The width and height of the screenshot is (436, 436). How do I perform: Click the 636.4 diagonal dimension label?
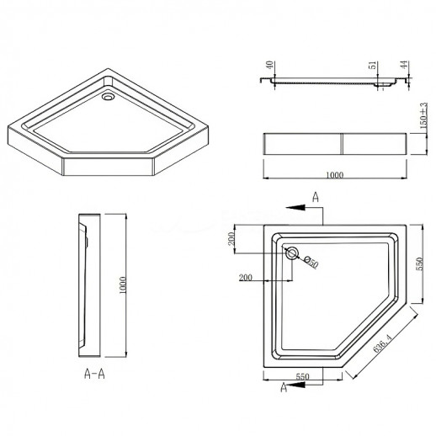click(382, 343)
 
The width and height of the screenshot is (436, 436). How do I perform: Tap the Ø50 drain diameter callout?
click(311, 262)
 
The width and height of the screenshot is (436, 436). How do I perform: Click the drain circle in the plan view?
click(292, 253)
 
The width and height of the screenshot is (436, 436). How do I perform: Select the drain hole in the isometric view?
click(108, 97)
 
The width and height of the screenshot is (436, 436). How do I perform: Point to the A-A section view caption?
click(94, 374)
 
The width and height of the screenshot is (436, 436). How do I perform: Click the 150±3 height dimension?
click(423, 115)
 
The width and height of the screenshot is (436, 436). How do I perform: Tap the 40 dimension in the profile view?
click(269, 65)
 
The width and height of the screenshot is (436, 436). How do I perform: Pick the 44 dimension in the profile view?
click(404, 65)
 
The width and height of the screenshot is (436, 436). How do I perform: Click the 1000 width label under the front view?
click(335, 175)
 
